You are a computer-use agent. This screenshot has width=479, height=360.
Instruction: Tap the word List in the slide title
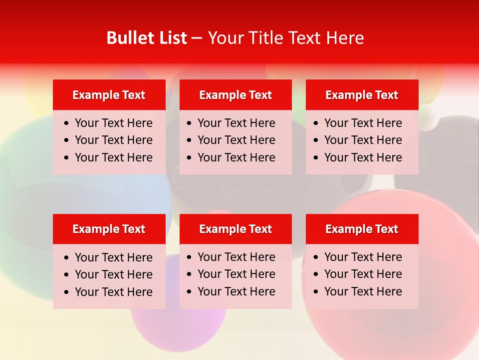click(x=171, y=38)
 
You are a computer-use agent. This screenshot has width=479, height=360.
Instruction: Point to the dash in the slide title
click(x=197, y=38)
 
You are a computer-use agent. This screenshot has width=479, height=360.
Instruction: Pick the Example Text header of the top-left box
click(x=109, y=95)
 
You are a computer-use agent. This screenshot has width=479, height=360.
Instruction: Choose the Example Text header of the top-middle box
click(x=236, y=95)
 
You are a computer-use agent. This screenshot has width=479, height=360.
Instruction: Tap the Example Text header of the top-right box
click(x=362, y=95)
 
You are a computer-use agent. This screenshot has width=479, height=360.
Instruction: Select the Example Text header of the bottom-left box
click(x=109, y=229)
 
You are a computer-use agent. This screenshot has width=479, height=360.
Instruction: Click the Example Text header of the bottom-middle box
click(x=236, y=229)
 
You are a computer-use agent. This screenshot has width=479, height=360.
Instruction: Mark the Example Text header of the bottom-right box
click(x=362, y=229)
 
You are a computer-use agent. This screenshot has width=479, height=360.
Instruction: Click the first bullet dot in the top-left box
click(x=67, y=123)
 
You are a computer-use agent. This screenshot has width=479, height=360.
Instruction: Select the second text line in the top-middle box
click(x=236, y=140)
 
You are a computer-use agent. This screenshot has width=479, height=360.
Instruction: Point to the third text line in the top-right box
click(x=363, y=157)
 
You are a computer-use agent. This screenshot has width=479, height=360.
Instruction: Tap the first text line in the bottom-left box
click(x=113, y=257)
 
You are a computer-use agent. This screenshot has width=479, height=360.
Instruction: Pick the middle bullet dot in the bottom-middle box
click(x=189, y=274)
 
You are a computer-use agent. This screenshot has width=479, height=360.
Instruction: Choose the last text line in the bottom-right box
click(x=363, y=291)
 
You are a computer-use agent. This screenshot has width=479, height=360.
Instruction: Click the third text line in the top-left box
click(x=113, y=157)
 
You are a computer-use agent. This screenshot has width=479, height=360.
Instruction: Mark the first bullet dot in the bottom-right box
click(x=316, y=257)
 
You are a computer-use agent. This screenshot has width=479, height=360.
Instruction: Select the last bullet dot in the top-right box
click(x=316, y=158)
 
